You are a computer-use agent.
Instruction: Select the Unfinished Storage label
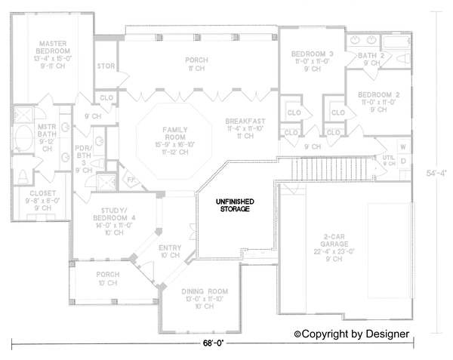pyautogui.click(x=235, y=205)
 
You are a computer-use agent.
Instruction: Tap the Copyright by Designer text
pyautogui.click(x=352, y=333)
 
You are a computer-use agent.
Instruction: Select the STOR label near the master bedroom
pyautogui.click(x=106, y=66)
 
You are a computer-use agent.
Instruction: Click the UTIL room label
pyautogui.click(x=388, y=158)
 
